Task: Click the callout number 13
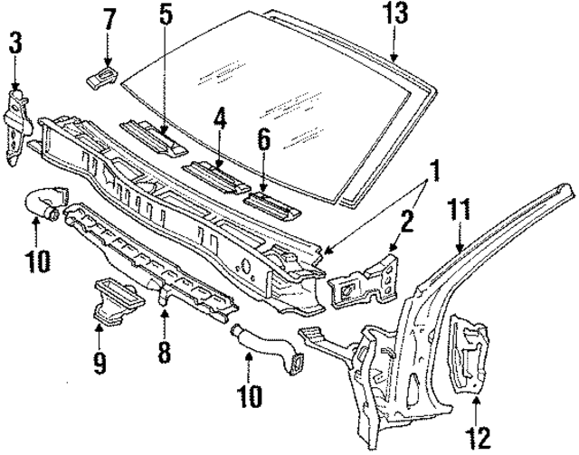[x=395, y=14]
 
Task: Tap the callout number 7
[x=109, y=17]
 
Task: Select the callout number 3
[x=16, y=42]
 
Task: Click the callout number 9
[x=99, y=365]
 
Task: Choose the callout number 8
[x=164, y=350]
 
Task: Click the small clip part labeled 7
[x=102, y=74]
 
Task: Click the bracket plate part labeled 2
[x=363, y=280]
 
